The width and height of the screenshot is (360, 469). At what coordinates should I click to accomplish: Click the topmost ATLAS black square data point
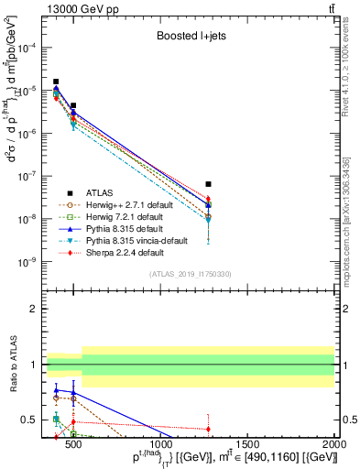(x=56, y=82)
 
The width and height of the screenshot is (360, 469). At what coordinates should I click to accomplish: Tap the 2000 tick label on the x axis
(x=334, y=448)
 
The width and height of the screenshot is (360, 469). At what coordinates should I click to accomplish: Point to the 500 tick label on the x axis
(x=73, y=448)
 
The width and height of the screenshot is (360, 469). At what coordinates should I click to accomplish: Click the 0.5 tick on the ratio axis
(x=33, y=420)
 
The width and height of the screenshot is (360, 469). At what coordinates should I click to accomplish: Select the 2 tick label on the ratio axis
(x=37, y=309)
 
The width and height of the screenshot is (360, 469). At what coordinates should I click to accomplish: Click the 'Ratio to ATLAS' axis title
(x=12, y=364)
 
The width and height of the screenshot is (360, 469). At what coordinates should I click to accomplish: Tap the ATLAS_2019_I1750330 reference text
(x=191, y=274)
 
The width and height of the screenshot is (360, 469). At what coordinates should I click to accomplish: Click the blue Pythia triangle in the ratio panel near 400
(x=56, y=389)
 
